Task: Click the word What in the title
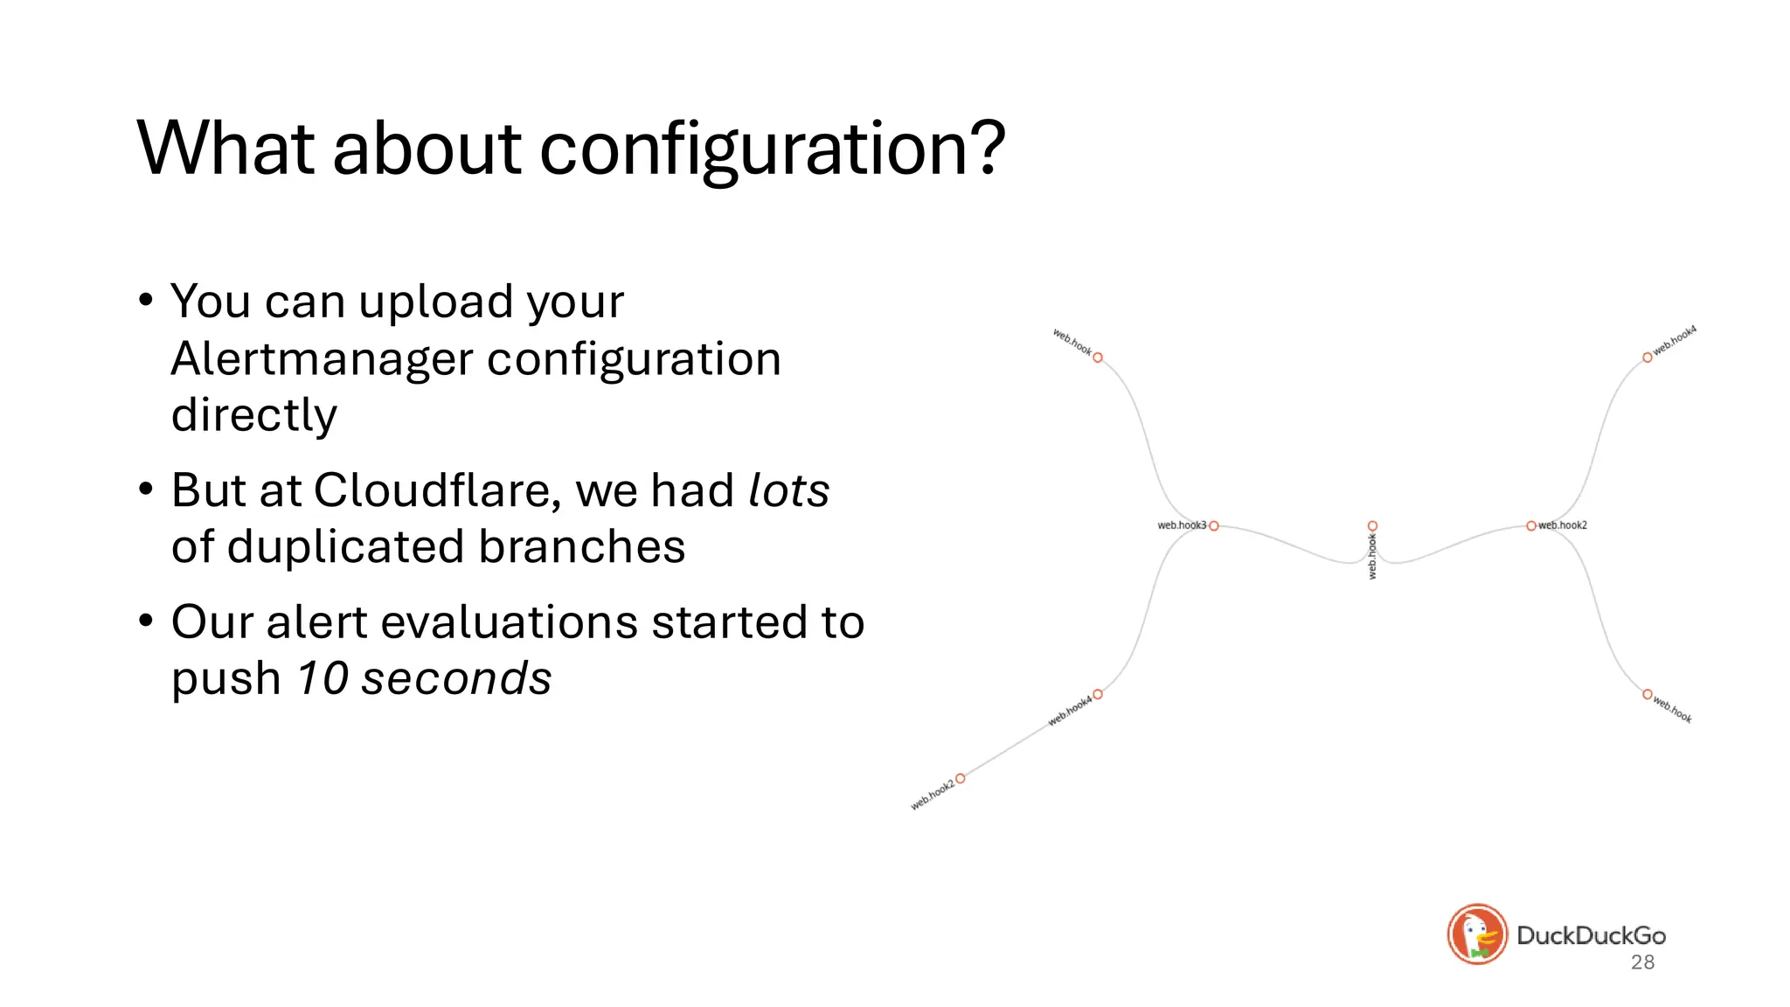(x=225, y=148)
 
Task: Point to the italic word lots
(x=788, y=490)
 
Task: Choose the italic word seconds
(x=456, y=678)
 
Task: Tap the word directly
(x=253, y=415)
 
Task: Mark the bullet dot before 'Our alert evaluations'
(x=146, y=621)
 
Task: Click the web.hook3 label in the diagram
(x=1181, y=525)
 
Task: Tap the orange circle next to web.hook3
(x=1214, y=526)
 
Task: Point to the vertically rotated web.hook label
(x=1372, y=557)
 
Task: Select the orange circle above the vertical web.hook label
(x=1372, y=526)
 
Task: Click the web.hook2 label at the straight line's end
(x=933, y=794)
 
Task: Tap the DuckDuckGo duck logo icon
(x=1477, y=934)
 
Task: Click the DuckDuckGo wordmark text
(x=1591, y=935)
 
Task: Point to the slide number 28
(x=1642, y=962)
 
